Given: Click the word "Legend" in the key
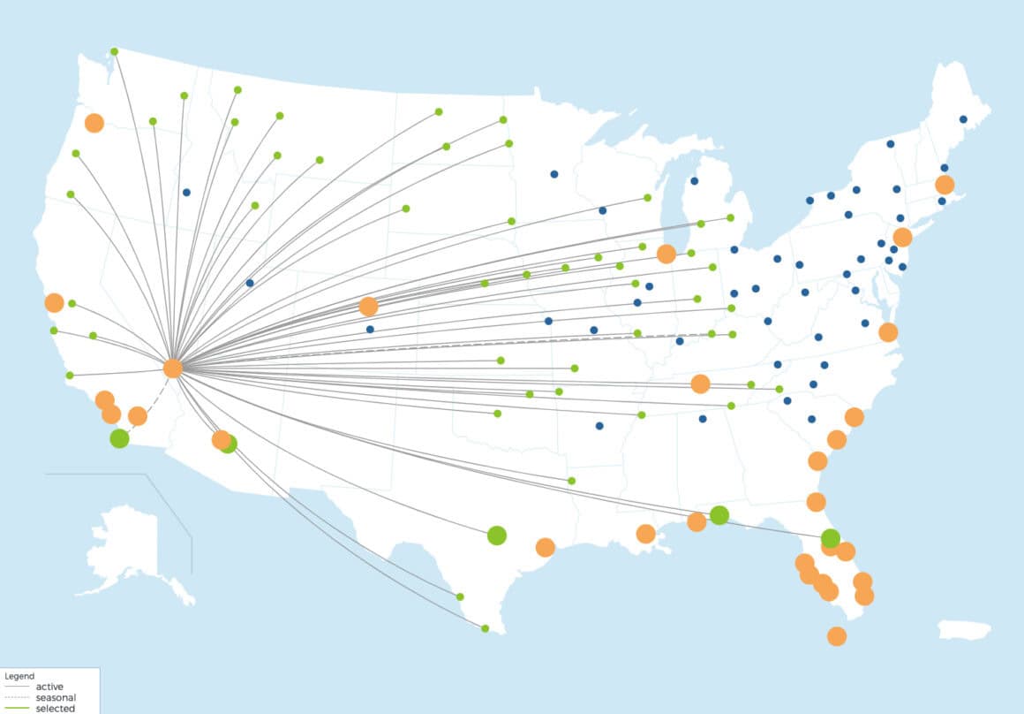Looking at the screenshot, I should pyautogui.click(x=19, y=676).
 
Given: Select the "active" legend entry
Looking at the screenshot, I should pyautogui.click(x=49, y=687).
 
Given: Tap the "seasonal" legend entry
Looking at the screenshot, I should pyautogui.click(x=56, y=697).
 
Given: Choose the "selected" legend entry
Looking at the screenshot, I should pyautogui.click(x=55, y=708).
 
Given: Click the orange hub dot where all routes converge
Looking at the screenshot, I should pyautogui.click(x=173, y=368).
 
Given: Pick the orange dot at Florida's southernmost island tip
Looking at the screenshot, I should pyautogui.click(x=837, y=636).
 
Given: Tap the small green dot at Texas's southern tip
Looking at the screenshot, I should pyautogui.click(x=486, y=628).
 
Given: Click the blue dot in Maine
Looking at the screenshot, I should pyautogui.click(x=963, y=119).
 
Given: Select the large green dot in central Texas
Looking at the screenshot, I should pyautogui.click(x=496, y=535).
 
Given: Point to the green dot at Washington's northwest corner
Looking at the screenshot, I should pyautogui.click(x=114, y=51).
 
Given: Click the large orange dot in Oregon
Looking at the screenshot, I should pyautogui.click(x=94, y=123).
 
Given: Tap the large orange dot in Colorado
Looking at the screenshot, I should pyautogui.click(x=368, y=307).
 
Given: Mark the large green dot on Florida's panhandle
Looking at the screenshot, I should pyautogui.click(x=719, y=515).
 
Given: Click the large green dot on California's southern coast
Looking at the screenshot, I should pyautogui.click(x=119, y=438).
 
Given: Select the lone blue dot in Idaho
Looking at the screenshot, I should pyautogui.click(x=186, y=192).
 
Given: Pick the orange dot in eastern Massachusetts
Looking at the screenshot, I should pyautogui.click(x=945, y=185).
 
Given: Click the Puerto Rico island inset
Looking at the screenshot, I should pyautogui.click(x=965, y=629).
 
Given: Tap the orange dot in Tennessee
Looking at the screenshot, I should pyautogui.click(x=700, y=384).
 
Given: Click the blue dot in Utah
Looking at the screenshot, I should pyautogui.click(x=250, y=283).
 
